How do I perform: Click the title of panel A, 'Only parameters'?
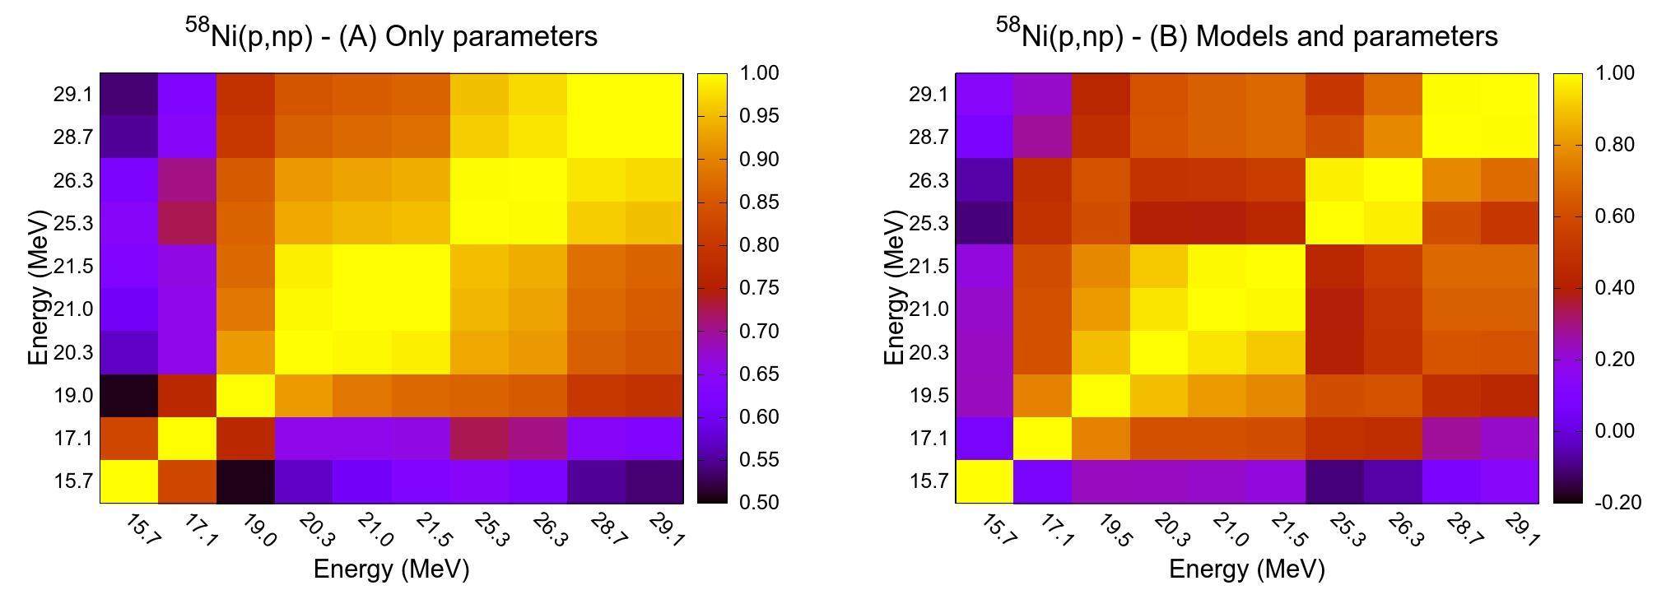pos(391,35)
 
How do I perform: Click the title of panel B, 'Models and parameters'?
pos(1246,35)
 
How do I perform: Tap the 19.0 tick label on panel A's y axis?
pos(73,396)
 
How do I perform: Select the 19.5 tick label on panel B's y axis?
pos(929,396)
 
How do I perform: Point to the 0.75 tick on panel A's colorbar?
pos(757,288)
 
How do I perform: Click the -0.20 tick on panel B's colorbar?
pos(1615,502)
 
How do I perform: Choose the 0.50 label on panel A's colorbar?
pos(757,502)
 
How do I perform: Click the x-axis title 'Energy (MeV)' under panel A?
pos(391,569)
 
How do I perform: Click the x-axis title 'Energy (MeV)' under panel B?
pos(1246,569)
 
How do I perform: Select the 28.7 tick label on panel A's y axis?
pos(73,137)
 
